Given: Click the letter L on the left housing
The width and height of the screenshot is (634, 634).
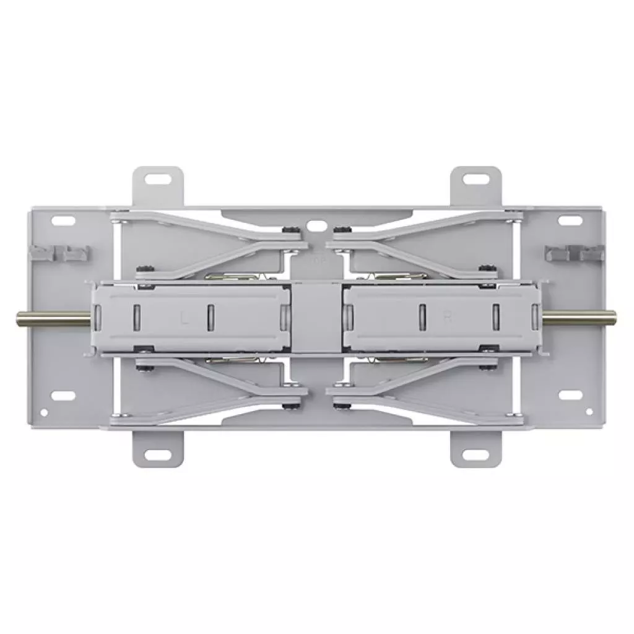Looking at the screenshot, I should pyautogui.click(x=184, y=318).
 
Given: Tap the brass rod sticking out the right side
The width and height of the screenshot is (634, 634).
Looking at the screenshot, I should pyautogui.click(x=580, y=316).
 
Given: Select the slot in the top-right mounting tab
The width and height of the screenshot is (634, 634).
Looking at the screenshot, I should pyautogui.click(x=475, y=180).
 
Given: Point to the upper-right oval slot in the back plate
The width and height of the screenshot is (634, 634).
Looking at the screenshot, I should pyautogui.click(x=568, y=220).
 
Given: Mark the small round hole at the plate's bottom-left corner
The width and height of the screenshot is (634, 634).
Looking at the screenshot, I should pyautogui.click(x=43, y=412).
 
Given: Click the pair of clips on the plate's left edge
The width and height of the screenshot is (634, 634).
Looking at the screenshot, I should pyautogui.click(x=60, y=253).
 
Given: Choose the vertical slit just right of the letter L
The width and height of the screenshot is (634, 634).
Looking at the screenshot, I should pyautogui.click(x=211, y=316).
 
